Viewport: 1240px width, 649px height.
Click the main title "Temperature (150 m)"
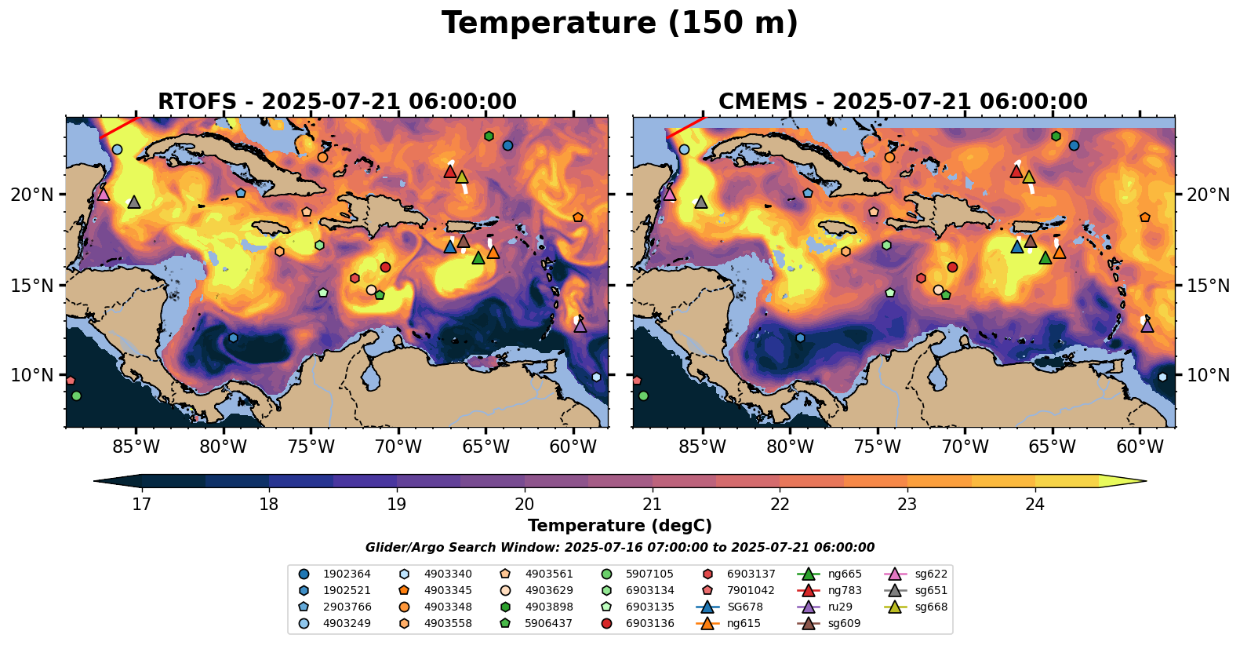(620, 24)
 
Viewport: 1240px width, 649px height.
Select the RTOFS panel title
(337, 102)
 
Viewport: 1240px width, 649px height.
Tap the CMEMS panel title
(903, 102)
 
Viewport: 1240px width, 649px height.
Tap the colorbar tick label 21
(653, 504)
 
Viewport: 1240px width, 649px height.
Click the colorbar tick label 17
(141, 504)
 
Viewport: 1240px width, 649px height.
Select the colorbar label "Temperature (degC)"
(620, 526)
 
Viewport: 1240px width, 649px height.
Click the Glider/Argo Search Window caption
(620, 548)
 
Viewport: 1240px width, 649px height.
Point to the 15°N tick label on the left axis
(32, 285)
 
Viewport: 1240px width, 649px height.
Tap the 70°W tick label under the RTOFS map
(398, 447)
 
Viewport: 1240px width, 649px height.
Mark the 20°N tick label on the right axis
(1208, 194)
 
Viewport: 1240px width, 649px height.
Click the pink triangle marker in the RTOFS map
(103, 194)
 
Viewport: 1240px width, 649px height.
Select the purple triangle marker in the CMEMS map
(1147, 326)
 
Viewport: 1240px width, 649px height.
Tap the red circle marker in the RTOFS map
(385, 267)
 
